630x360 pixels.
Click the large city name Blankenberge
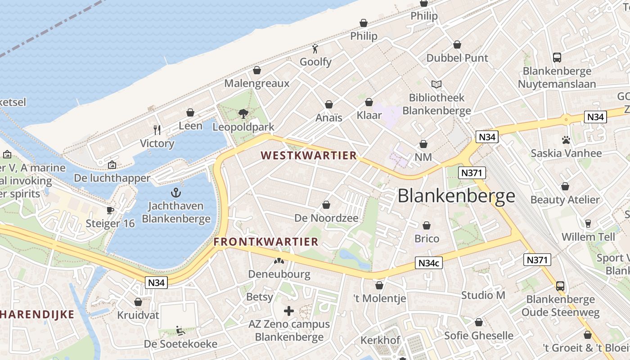[456, 196]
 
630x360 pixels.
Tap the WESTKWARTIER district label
[309, 156]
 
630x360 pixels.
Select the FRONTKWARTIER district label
[266, 242]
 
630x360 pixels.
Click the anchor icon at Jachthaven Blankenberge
[176, 193]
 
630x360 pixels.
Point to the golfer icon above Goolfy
[315, 49]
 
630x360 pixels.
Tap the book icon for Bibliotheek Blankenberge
[436, 84]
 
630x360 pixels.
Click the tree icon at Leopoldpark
[243, 114]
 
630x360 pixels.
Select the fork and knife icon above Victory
[157, 130]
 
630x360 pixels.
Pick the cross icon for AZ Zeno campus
[289, 311]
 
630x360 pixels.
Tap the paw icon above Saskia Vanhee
[566, 140]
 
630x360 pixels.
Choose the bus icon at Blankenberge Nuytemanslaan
[557, 58]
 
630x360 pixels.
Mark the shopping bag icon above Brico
[426, 225]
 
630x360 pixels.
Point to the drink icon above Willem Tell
[587, 224]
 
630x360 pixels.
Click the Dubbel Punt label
[457, 58]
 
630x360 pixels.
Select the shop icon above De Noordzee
[326, 205]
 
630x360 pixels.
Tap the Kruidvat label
[138, 315]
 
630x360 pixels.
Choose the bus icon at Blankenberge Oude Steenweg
[560, 286]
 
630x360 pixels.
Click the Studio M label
[483, 295]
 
